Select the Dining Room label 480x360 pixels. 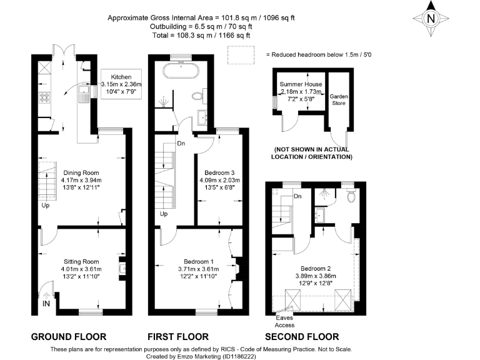pyautogui.click(x=81, y=172)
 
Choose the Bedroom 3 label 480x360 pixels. pyautogui.click(x=219, y=172)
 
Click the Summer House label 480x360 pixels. pyautogui.click(x=301, y=83)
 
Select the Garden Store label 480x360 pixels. pyautogui.click(x=339, y=100)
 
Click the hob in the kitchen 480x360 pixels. pyautogui.click(x=45, y=97)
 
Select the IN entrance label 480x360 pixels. pyautogui.click(x=46, y=304)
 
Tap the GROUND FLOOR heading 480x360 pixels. pyautogui.click(x=69, y=336)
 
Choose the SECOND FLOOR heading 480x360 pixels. pyautogui.click(x=302, y=336)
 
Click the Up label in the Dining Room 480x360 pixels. pyautogui.click(x=46, y=205)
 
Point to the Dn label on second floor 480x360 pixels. pyautogui.click(x=298, y=196)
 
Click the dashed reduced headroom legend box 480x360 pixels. pyautogui.click(x=237, y=56)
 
